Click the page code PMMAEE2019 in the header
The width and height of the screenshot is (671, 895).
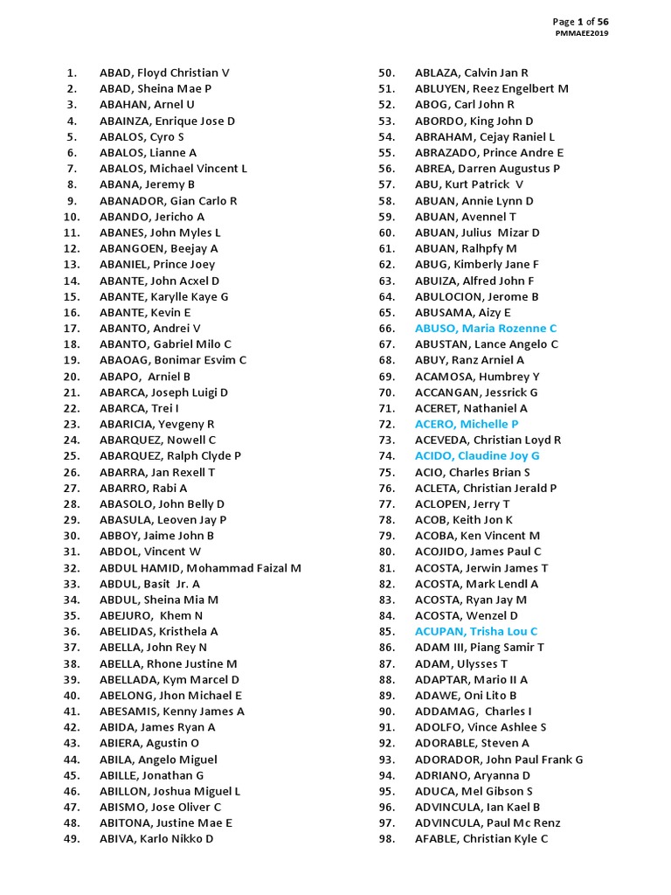coord(582,33)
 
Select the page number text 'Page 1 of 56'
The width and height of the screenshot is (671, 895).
coord(580,21)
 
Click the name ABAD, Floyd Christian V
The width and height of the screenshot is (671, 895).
coord(164,73)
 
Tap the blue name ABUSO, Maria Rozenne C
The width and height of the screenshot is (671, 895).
coord(485,329)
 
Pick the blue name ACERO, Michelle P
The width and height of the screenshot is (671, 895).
coord(467,424)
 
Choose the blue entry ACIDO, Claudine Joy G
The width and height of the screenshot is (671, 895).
coord(477,456)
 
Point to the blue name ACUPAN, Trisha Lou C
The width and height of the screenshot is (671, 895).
coord(476,631)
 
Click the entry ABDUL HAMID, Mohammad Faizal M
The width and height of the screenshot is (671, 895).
coord(200,568)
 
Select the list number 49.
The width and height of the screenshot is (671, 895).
coord(72,839)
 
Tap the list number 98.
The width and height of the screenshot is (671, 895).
coord(387,839)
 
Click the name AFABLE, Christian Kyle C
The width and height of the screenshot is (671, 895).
coord(481,839)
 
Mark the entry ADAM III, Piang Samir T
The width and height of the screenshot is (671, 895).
coord(480,648)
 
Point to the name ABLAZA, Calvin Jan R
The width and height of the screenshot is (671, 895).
coord(472,73)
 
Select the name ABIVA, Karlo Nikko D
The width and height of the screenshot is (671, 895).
coord(156,839)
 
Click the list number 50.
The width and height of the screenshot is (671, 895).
coord(387,73)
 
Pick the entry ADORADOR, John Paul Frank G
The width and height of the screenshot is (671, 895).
coord(499,760)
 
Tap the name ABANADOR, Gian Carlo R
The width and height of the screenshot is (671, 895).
coord(168,201)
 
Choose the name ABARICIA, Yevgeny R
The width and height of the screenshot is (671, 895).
coord(156,424)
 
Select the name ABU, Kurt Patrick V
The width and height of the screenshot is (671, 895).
coord(469,184)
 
